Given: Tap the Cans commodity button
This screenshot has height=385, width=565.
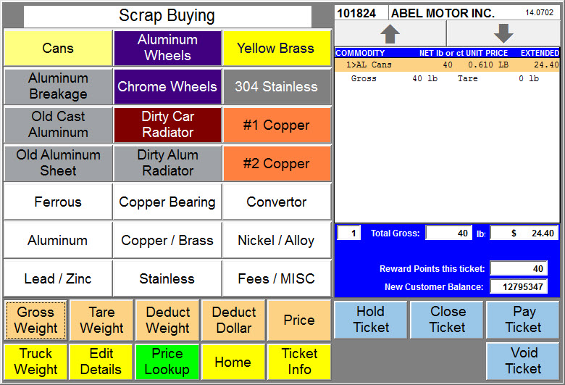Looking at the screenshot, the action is coord(58,48).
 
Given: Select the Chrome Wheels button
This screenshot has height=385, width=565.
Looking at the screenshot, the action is coord(167,86).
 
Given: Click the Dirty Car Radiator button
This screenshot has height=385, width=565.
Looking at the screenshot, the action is coord(167,125).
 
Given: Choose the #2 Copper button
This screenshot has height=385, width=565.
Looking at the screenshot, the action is coord(277,163).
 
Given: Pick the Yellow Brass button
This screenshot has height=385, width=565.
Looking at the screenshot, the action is coord(277,48).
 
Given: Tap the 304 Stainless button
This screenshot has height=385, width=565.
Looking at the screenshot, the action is coord(277,86).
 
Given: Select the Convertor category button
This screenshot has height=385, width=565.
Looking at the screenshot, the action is coord(277,202).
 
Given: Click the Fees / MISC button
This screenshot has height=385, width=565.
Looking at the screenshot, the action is coord(277,278).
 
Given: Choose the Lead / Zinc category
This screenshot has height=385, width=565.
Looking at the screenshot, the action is coord(58,278).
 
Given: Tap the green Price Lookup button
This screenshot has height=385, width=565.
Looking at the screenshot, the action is coord(167,362).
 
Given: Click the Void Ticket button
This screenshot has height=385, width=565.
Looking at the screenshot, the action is coord(523,361).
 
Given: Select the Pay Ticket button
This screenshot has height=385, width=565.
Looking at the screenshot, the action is coord(523,320).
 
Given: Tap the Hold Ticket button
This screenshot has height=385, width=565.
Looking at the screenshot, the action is coord(371,320).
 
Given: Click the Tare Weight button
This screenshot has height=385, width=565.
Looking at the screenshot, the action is coord(101,320).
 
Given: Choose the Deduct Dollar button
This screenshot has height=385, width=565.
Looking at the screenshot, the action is coord(233,320).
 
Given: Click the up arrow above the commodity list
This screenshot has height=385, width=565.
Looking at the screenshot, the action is coord(390,34).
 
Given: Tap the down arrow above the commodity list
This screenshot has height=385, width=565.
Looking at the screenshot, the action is coord(503,33).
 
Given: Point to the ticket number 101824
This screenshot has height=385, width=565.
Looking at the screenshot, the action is coord(356,13).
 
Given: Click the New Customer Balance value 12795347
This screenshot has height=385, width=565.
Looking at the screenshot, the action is coord(523,287).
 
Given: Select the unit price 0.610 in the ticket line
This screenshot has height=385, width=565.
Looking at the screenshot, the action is coord(480,65).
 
